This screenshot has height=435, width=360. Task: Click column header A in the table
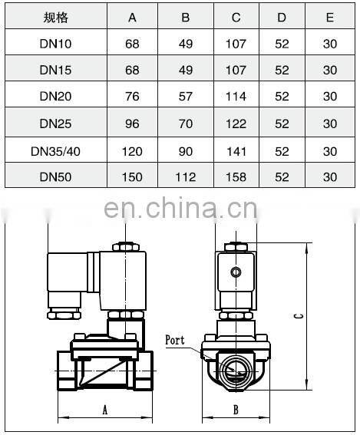coord(133,18)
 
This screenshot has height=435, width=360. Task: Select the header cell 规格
coord(55,18)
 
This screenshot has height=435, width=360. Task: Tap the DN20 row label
coord(55,96)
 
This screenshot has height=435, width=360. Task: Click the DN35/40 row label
coord(55,150)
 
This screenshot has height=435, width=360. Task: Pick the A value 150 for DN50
coord(133,177)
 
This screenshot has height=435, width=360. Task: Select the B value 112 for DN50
coord(185,177)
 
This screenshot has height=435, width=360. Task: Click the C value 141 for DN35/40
coord(236,150)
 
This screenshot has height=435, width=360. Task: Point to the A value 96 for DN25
coord(133,123)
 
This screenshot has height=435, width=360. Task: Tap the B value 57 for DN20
coord(185,96)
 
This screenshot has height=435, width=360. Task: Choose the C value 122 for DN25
coord(236,123)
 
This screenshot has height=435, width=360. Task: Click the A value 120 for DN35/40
coord(133,150)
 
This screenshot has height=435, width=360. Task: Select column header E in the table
coord(330,18)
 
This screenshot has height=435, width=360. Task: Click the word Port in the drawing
coord(175,339)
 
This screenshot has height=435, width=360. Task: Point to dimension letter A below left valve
coord(104,410)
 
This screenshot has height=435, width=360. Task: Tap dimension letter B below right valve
coord(236,410)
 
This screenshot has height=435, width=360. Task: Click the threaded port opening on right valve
coord(236,368)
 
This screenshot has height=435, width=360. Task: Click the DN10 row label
coord(55,44)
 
